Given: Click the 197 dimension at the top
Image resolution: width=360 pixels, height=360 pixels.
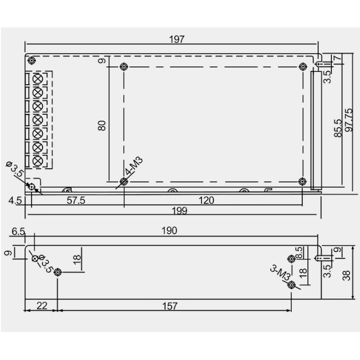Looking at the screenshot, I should [x=177, y=39].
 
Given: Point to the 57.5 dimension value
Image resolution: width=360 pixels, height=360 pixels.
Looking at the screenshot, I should [x=76, y=200].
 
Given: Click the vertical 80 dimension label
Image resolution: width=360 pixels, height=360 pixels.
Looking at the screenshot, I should [x=103, y=125].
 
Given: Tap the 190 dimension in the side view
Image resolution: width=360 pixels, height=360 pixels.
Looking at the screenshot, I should [x=170, y=231].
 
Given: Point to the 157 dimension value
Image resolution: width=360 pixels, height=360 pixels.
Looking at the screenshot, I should [x=170, y=306].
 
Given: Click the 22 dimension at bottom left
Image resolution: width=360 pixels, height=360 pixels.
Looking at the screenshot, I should [x=41, y=306].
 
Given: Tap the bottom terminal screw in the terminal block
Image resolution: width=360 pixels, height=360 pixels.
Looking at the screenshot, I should [x=38, y=161].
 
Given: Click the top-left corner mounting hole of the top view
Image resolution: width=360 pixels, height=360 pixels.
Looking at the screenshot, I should [x=31, y=61].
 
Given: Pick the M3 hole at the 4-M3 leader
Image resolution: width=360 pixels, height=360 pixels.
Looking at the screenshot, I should [x=124, y=182].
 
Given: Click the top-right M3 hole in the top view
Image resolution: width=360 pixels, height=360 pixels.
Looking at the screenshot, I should [x=302, y=67].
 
